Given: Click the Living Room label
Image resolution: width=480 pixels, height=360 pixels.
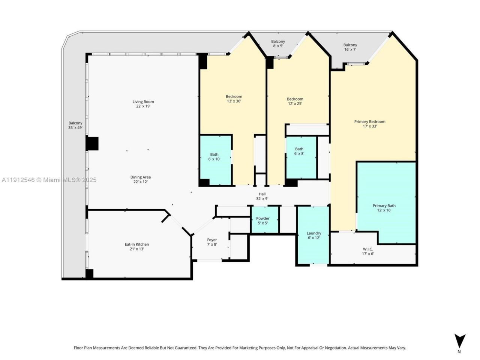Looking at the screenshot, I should point(143,104).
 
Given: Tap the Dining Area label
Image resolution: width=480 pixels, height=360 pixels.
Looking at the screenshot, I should point(141,179).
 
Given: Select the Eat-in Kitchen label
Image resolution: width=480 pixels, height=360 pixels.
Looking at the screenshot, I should point(137,246).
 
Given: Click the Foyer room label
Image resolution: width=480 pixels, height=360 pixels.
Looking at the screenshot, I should point(212,242).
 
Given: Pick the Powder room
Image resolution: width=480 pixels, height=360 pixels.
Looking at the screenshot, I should point(263,220).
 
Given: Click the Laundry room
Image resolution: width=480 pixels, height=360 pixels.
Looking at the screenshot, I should point(313,235).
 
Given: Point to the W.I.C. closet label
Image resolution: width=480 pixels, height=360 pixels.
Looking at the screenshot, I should point(367,251).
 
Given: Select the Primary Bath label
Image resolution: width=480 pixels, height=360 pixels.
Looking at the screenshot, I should point(384,208).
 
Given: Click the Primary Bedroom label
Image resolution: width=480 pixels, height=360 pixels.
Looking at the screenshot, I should point(370,124).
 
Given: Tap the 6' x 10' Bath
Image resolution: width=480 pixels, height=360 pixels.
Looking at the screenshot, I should point(214,157).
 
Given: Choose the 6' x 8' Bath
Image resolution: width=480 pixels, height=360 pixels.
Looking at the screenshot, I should point(299,151).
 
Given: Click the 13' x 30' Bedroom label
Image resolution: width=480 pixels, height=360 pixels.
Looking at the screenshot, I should point(234,99).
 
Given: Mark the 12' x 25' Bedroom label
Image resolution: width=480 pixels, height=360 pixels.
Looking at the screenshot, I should point(295,101).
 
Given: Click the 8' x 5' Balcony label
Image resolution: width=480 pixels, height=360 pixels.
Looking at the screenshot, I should point(278,43).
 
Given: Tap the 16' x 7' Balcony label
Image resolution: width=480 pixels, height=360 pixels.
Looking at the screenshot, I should point(350,47).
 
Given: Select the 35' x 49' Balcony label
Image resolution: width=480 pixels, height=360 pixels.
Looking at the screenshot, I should point(75,125).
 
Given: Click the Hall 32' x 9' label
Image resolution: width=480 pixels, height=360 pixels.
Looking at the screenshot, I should point(262,196).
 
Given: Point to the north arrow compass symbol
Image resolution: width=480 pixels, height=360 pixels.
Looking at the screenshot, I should point(459,342).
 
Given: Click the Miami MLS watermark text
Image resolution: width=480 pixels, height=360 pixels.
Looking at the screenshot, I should point(49,180).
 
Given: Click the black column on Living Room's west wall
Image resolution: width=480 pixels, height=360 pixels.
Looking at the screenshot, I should point(92,144).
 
